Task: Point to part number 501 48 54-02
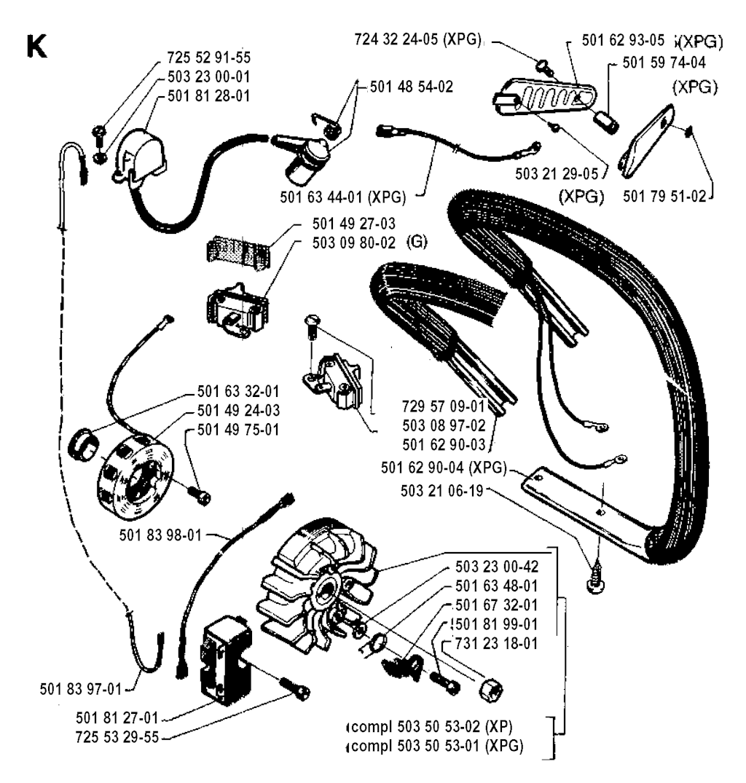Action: click(x=411, y=86)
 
